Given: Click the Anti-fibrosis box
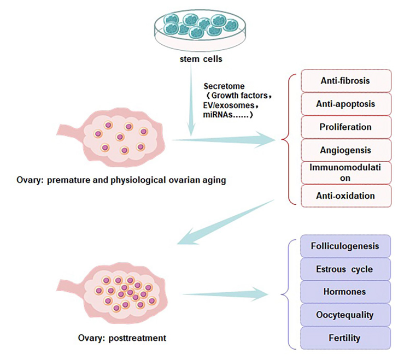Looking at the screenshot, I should point(346,80).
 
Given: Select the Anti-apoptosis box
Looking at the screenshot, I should point(346,103).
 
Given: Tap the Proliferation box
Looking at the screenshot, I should point(346,127).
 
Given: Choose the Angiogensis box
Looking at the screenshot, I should point(346,150).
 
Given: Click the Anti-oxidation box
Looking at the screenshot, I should point(346,196).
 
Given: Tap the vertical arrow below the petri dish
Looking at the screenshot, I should point(190,104).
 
